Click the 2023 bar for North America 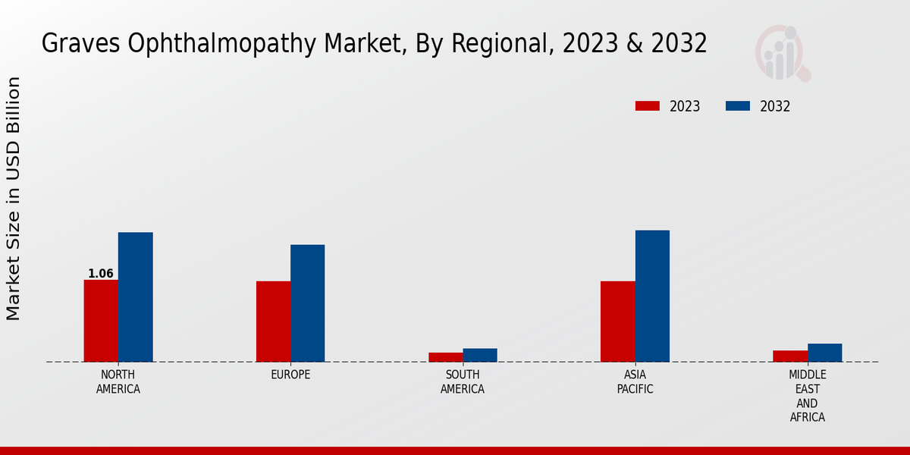click(x=101, y=321)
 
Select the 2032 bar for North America click(x=135, y=297)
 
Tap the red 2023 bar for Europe click(x=273, y=322)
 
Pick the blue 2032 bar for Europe click(x=307, y=303)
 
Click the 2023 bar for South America click(x=445, y=357)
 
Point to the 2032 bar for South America click(x=480, y=355)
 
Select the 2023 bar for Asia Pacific click(x=617, y=322)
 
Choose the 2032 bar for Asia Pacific click(x=652, y=296)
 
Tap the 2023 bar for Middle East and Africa click(x=790, y=356)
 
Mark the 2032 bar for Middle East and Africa click(x=824, y=353)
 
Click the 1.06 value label click(x=101, y=274)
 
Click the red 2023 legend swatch click(x=648, y=106)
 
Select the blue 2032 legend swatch click(x=738, y=106)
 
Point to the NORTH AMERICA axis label click(x=118, y=382)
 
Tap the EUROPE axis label click(x=290, y=375)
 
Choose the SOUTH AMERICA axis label click(x=463, y=382)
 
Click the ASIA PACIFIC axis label click(x=635, y=382)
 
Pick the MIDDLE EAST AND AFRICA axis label click(x=808, y=396)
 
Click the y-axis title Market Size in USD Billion click(x=14, y=199)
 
